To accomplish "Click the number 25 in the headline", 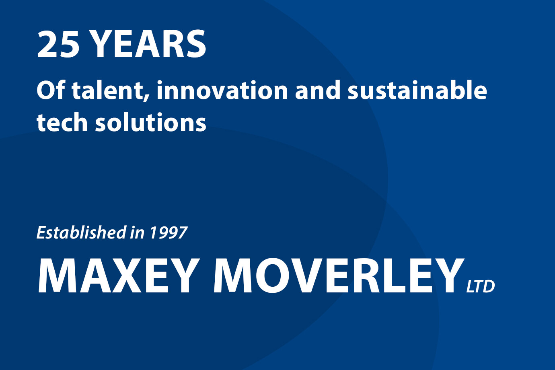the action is pyautogui.click(x=58, y=44).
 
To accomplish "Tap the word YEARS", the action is pyautogui.click(x=149, y=44).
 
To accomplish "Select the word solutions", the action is pyautogui.click(x=151, y=122).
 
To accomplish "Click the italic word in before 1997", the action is pyautogui.click(x=137, y=233).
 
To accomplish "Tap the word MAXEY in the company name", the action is pyautogui.click(x=118, y=275).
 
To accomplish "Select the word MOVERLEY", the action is pyautogui.click(x=339, y=275).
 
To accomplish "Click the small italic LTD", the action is pyautogui.click(x=481, y=286).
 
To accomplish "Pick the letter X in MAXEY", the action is pyautogui.click(x=124, y=275).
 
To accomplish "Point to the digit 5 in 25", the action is pyautogui.click(x=70, y=44).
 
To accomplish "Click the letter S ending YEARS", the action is pyautogui.click(x=195, y=44).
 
